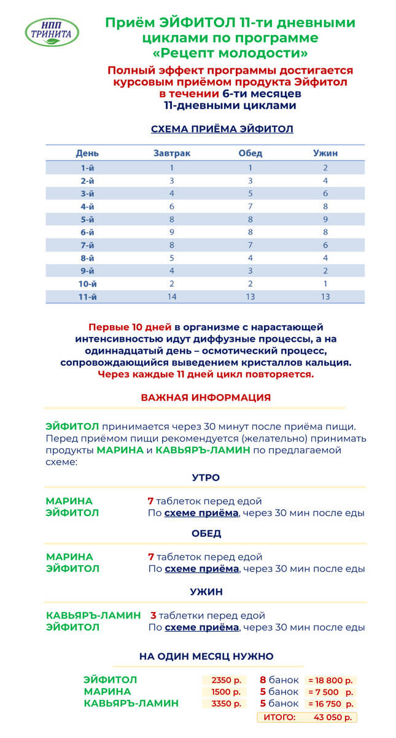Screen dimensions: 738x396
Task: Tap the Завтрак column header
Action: pos(172,153)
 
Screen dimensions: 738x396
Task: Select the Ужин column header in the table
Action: pos(325,153)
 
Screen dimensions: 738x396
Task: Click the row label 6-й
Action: pos(87,232)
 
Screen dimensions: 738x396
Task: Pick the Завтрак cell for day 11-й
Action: pos(172,296)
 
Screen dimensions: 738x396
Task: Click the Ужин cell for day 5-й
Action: pos(325,219)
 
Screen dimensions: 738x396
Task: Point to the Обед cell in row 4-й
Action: pos(250,206)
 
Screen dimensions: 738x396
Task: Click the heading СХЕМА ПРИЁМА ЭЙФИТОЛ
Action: pos(222,129)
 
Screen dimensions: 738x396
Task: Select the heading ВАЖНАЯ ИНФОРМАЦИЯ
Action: pos(206,397)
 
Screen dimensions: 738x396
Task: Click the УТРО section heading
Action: pos(206,477)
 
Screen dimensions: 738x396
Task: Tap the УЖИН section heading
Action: pos(206,592)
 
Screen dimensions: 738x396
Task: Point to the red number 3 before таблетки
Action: pos(153,615)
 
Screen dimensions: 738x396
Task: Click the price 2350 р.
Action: pos(224,680)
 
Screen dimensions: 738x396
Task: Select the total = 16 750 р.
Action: pos(330,704)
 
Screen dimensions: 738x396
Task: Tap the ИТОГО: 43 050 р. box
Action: pos(306,717)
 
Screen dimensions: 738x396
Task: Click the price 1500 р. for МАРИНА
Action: pos(224,692)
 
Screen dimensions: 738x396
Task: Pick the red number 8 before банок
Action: pos(263,680)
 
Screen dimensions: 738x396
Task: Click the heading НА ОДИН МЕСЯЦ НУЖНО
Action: pos(206,656)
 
